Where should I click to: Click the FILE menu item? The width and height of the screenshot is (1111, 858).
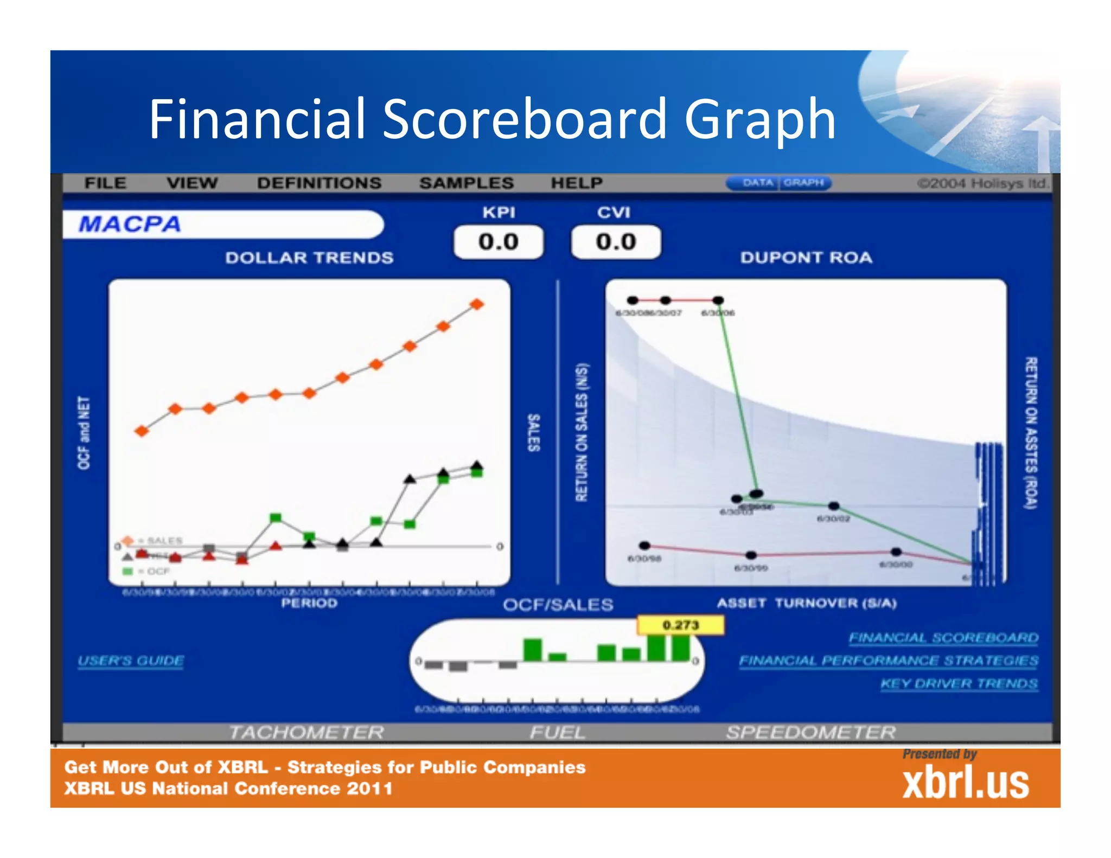pos(105,183)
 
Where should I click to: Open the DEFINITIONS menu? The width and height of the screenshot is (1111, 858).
pos(319,183)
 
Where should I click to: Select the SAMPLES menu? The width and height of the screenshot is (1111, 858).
pos(466,183)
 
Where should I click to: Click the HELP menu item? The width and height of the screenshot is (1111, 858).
pos(577,183)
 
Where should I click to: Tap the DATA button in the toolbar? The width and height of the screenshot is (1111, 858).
pos(757,183)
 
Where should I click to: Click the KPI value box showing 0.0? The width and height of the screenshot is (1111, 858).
pos(499,242)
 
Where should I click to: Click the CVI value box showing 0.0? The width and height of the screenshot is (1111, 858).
pos(616,242)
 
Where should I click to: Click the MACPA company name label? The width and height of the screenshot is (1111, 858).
pos(130,224)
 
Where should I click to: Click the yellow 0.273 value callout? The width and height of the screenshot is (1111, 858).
pos(680,625)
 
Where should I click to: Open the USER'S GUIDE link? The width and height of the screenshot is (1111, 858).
pos(131,661)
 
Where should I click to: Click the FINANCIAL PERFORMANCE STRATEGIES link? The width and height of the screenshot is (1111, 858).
pos(889,661)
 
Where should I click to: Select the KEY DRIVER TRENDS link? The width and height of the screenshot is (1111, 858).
pos(959,683)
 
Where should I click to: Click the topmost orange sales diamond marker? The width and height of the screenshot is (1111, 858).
pos(477,304)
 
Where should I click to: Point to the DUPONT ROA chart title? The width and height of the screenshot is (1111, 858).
pos(806,258)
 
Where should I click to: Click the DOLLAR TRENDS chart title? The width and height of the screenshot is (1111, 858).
pos(309,258)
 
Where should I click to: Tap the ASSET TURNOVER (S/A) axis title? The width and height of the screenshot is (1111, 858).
pos(807,603)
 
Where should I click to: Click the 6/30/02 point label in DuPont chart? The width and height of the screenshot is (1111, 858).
pos(833,518)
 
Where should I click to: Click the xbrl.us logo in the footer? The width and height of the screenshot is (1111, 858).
pos(965,783)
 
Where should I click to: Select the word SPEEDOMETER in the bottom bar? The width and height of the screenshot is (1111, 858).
pos(810,732)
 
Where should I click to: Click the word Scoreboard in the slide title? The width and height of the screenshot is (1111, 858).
pos(524,119)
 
